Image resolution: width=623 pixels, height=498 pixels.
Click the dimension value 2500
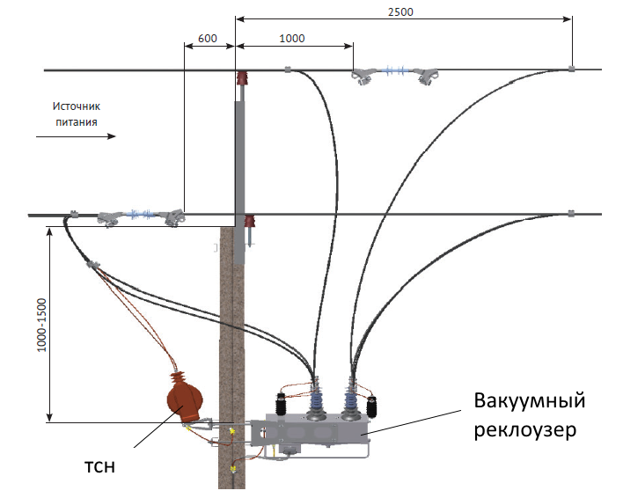(x=400, y=12)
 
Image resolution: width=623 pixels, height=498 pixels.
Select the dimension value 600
(x=208, y=38)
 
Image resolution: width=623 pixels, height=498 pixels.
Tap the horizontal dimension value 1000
(x=292, y=38)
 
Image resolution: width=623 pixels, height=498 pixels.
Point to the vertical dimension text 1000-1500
(x=41, y=325)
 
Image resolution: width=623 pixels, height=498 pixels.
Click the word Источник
(x=77, y=106)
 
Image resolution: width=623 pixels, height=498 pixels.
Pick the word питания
(x=77, y=122)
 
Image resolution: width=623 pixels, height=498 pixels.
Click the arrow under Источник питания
(x=76, y=136)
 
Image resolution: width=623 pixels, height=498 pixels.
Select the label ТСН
(x=99, y=467)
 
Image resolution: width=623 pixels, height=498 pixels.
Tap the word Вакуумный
(x=529, y=400)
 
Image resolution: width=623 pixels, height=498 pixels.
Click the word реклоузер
(x=524, y=429)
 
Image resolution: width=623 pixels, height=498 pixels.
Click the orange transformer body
(x=185, y=399)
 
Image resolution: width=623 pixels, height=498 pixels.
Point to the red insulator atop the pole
(x=242, y=77)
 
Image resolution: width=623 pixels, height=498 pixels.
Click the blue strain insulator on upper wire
(x=395, y=70)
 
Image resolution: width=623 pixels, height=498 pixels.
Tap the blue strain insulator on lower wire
(x=141, y=215)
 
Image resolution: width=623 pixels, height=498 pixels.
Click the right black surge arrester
(x=371, y=406)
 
